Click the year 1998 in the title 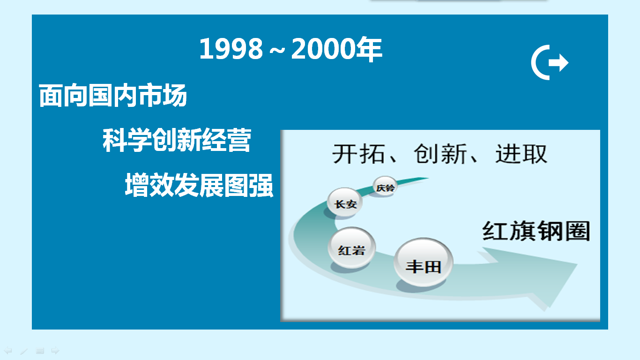tap(231, 49)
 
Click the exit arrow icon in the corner tap(550, 62)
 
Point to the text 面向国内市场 tap(113, 96)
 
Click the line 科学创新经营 tap(177, 140)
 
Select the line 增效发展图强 tap(199, 185)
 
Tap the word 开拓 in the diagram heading tap(358, 154)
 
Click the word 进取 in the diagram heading tap(521, 154)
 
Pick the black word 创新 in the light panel tap(440, 154)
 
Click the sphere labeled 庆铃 tap(385, 187)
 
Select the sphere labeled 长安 tap(345, 202)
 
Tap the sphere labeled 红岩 tap(352, 247)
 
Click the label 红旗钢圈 tap(536, 231)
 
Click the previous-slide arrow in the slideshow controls tap(7, 350)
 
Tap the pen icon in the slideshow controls tap(24, 351)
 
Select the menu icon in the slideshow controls tap(40, 351)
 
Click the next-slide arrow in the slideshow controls tap(55, 350)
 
